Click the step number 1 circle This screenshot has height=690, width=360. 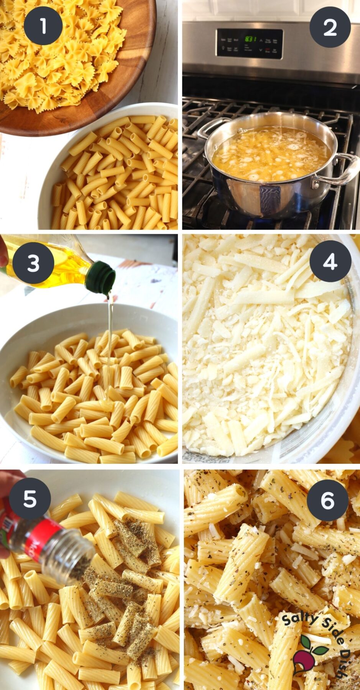tap(43, 26)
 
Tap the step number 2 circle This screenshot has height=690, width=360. tap(330, 27)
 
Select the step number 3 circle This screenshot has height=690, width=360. tap(33, 263)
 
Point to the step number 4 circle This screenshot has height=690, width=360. tap(330, 262)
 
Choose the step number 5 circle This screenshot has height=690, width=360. tap(30, 499)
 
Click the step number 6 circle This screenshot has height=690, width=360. tap(327, 500)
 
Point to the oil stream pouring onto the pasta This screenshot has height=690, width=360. tap(110, 345)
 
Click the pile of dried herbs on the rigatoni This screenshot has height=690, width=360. tap(127, 583)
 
